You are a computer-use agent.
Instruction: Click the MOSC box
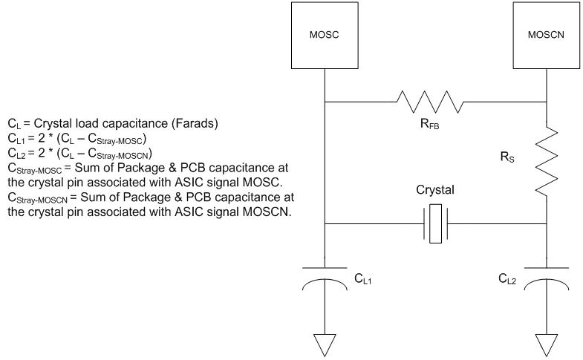click(x=325, y=34)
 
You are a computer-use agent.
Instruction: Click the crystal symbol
click(x=436, y=223)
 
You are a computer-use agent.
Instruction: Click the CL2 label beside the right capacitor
click(x=508, y=279)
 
